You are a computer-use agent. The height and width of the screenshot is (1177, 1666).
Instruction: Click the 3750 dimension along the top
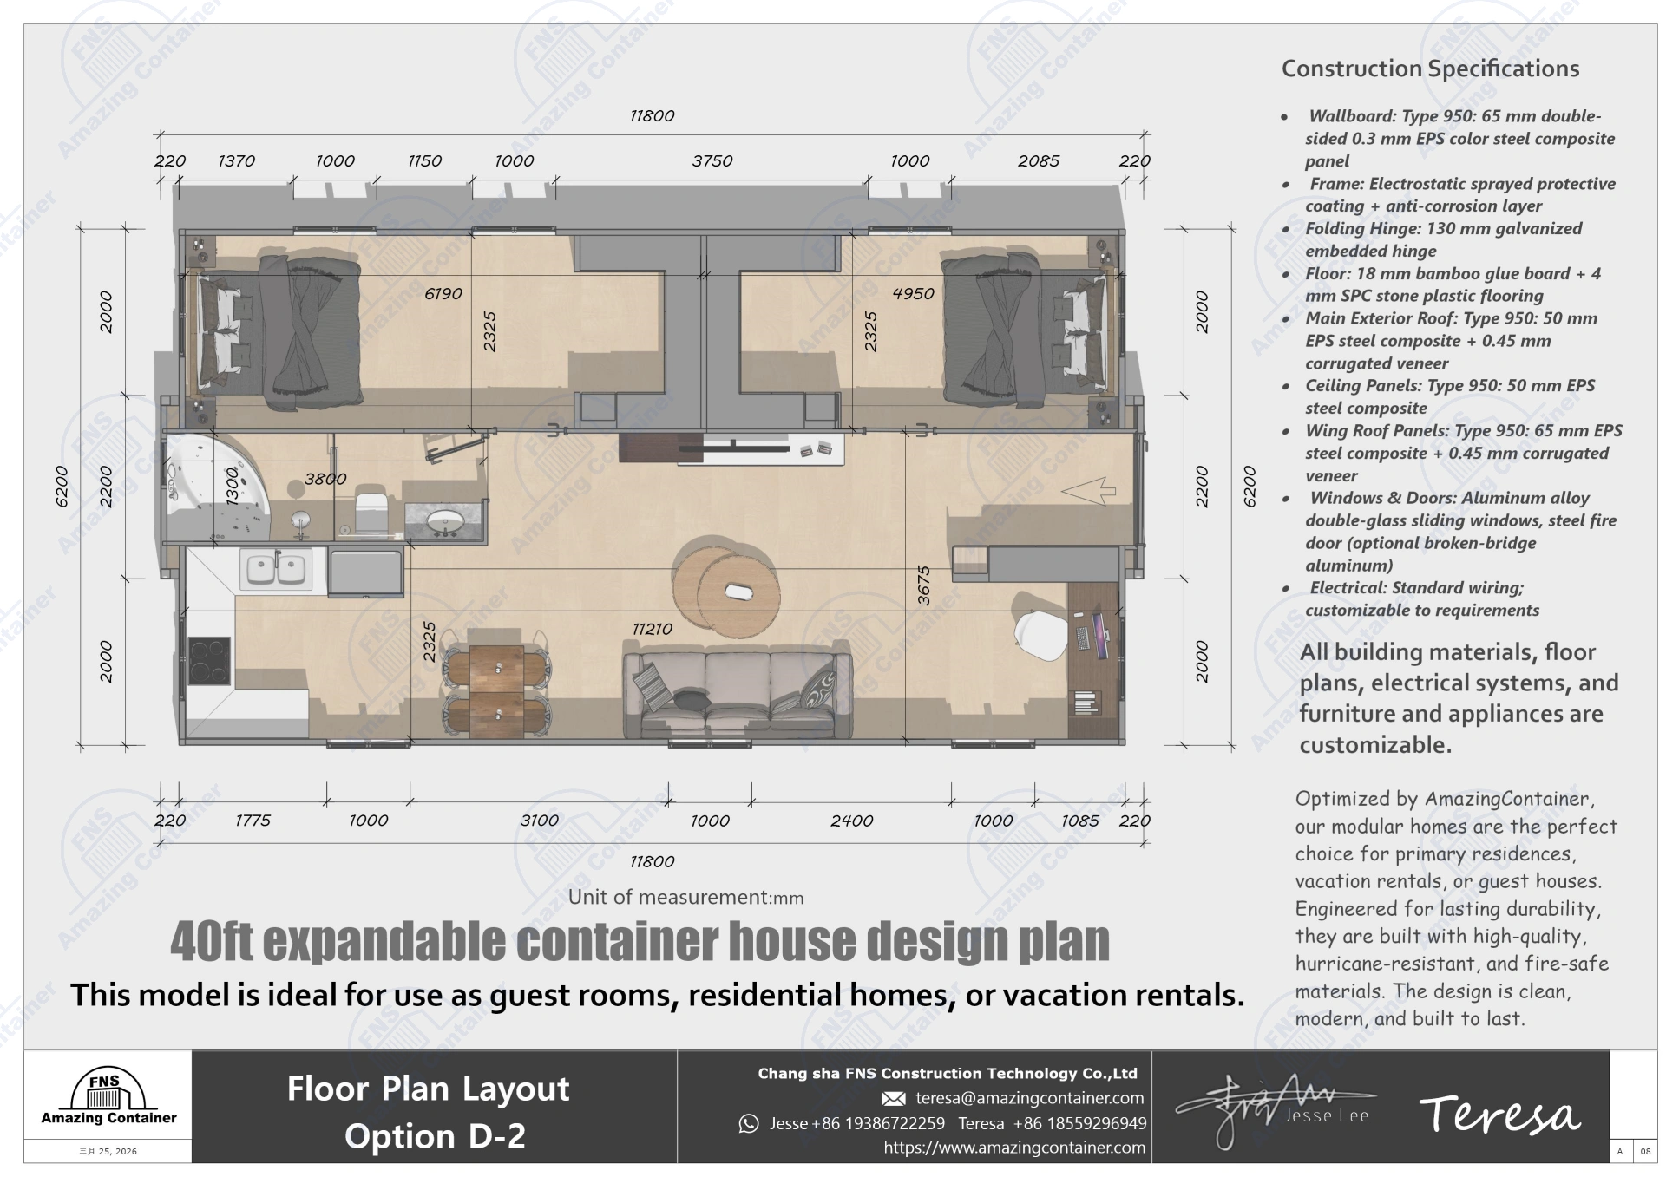pyautogui.click(x=712, y=161)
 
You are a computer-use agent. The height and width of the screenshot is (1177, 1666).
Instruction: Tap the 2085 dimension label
pyautogui.click(x=1038, y=161)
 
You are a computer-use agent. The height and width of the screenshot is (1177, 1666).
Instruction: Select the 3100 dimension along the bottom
pyautogui.click(x=539, y=821)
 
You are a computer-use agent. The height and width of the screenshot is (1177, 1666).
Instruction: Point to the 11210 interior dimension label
pyautogui.click(x=652, y=629)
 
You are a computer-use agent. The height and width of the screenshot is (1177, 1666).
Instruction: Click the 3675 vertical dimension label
pyautogui.click(x=923, y=585)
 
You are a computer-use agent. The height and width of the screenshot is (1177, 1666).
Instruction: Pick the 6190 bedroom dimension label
pyautogui.click(x=443, y=294)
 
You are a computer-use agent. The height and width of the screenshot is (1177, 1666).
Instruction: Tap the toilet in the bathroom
pyautogui.click(x=371, y=512)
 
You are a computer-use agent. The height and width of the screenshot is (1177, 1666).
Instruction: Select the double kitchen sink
pyautogui.click(x=278, y=569)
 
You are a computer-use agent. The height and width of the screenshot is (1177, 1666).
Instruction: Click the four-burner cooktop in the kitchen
pyautogui.click(x=209, y=661)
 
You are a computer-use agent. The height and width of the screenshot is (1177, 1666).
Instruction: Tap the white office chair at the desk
pyautogui.click(x=1041, y=635)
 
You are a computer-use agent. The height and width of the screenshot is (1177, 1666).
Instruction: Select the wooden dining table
pyautogui.click(x=496, y=689)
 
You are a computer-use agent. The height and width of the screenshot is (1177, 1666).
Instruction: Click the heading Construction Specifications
pyautogui.click(x=1430, y=69)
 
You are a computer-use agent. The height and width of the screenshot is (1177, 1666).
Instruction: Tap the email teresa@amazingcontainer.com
pyautogui.click(x=1029, y=1098)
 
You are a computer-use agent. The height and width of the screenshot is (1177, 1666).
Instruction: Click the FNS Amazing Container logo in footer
pyautogui.click(x=108, y=1099)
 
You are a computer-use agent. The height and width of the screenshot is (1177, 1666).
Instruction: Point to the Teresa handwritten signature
pyautogui.click(x=1499, y=1115)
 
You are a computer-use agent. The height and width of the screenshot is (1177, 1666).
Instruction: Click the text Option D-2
pyautogui.click(x=435, y=1136)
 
